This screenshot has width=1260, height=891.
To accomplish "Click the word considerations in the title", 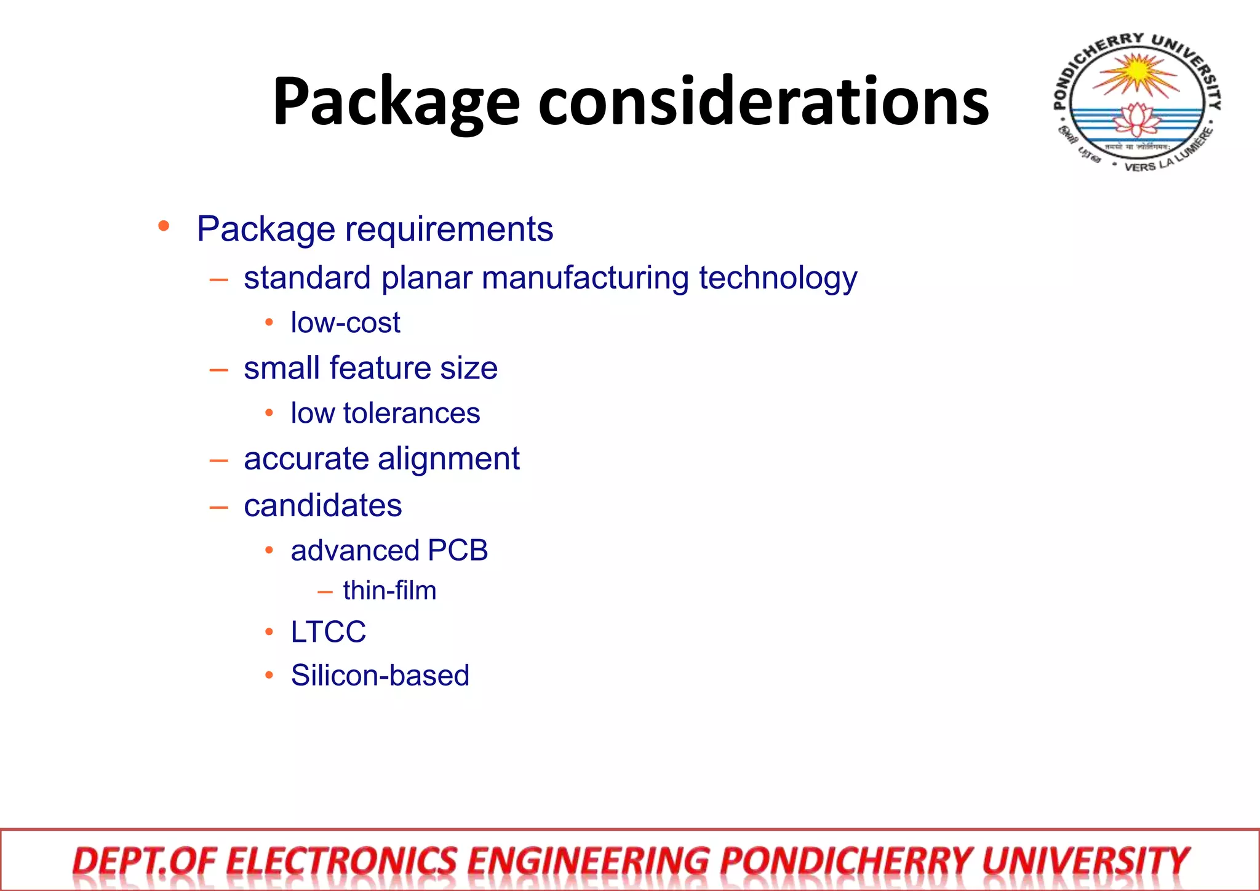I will (764, 101).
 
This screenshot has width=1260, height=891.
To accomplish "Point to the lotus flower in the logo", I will (1138, 119).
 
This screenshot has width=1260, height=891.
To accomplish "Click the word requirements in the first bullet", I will (449, 230).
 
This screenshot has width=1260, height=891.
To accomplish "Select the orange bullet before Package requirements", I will (164, 226).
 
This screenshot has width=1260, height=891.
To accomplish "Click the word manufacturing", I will (585, 278).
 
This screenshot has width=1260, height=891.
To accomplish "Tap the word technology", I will (778, 279).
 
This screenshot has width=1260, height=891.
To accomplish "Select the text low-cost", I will (345, 323).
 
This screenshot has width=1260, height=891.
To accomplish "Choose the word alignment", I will (449, 459).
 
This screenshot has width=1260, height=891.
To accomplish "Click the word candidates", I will (323, 506).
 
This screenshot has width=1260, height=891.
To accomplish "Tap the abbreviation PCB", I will (458, 550).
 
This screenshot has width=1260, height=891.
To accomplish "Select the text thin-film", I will (389, 591).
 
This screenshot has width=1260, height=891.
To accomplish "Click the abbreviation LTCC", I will (329, 632).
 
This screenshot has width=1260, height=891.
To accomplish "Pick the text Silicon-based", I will (380, 676).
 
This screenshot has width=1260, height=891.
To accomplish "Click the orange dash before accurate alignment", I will (218, 460).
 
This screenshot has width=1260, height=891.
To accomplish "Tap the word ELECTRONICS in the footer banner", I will (341, 861).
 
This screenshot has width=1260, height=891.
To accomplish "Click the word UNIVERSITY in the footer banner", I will (1085, 861).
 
